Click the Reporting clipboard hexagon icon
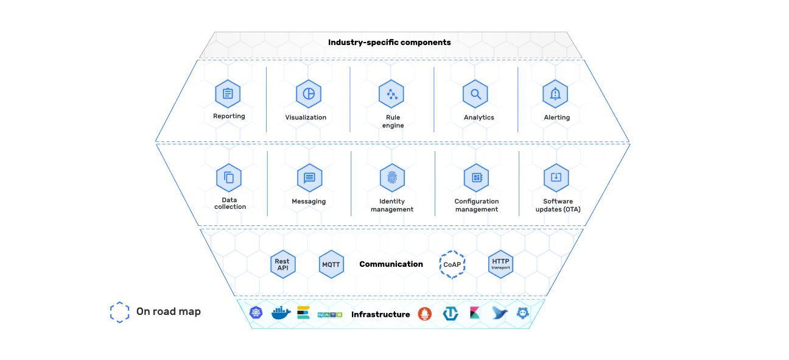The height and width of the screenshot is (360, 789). coord(228,94)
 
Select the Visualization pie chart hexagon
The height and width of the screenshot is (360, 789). coord(309,94)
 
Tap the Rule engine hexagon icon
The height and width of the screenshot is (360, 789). coord(391,94)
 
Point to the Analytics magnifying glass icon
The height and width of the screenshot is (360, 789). coord(475,94)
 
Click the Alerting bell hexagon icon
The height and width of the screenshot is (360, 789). coord(555,94)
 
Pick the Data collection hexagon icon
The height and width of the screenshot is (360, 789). coord(229,178)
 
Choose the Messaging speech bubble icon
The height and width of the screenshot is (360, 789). coord(310,178)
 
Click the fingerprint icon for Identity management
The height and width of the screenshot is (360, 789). coord(393,178)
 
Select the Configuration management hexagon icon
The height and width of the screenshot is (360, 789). coord(477,178)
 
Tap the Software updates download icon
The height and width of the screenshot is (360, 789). coord(556,178)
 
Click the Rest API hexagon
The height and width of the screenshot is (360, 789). coord(283,264)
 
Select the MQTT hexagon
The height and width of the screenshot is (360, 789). coord(331,264)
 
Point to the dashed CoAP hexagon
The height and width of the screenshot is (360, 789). coord(452,264)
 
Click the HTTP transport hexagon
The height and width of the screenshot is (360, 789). coord(500,264)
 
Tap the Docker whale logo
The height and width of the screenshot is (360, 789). coord(281,312)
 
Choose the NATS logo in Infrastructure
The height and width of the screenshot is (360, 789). coord(330,314)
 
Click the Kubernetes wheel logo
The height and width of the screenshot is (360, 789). coord(256,312)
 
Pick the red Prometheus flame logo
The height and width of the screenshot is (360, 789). coord(425,314)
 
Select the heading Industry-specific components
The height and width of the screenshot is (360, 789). coord(390,42)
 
